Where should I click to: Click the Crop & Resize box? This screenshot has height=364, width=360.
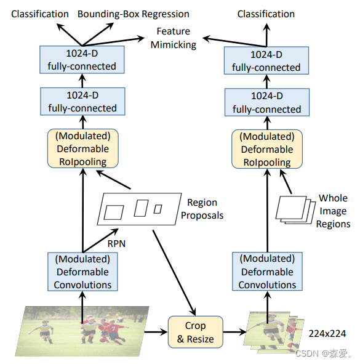point(196,332)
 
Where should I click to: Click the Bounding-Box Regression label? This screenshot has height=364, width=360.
point(134,14)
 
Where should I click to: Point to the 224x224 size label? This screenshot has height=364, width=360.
point(327,333)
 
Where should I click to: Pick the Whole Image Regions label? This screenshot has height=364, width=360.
point(333,211)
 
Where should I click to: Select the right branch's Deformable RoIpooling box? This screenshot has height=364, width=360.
point(266,148)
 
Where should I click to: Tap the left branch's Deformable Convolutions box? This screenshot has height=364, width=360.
point(82,272)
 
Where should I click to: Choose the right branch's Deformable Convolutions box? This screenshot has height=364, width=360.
point(267,272)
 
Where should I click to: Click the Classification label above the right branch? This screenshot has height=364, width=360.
point(266,14)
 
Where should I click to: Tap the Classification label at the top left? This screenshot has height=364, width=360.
point(39,14)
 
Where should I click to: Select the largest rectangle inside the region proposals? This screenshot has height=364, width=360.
point(114,212)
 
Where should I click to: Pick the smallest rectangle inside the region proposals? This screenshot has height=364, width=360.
point(158,209)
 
